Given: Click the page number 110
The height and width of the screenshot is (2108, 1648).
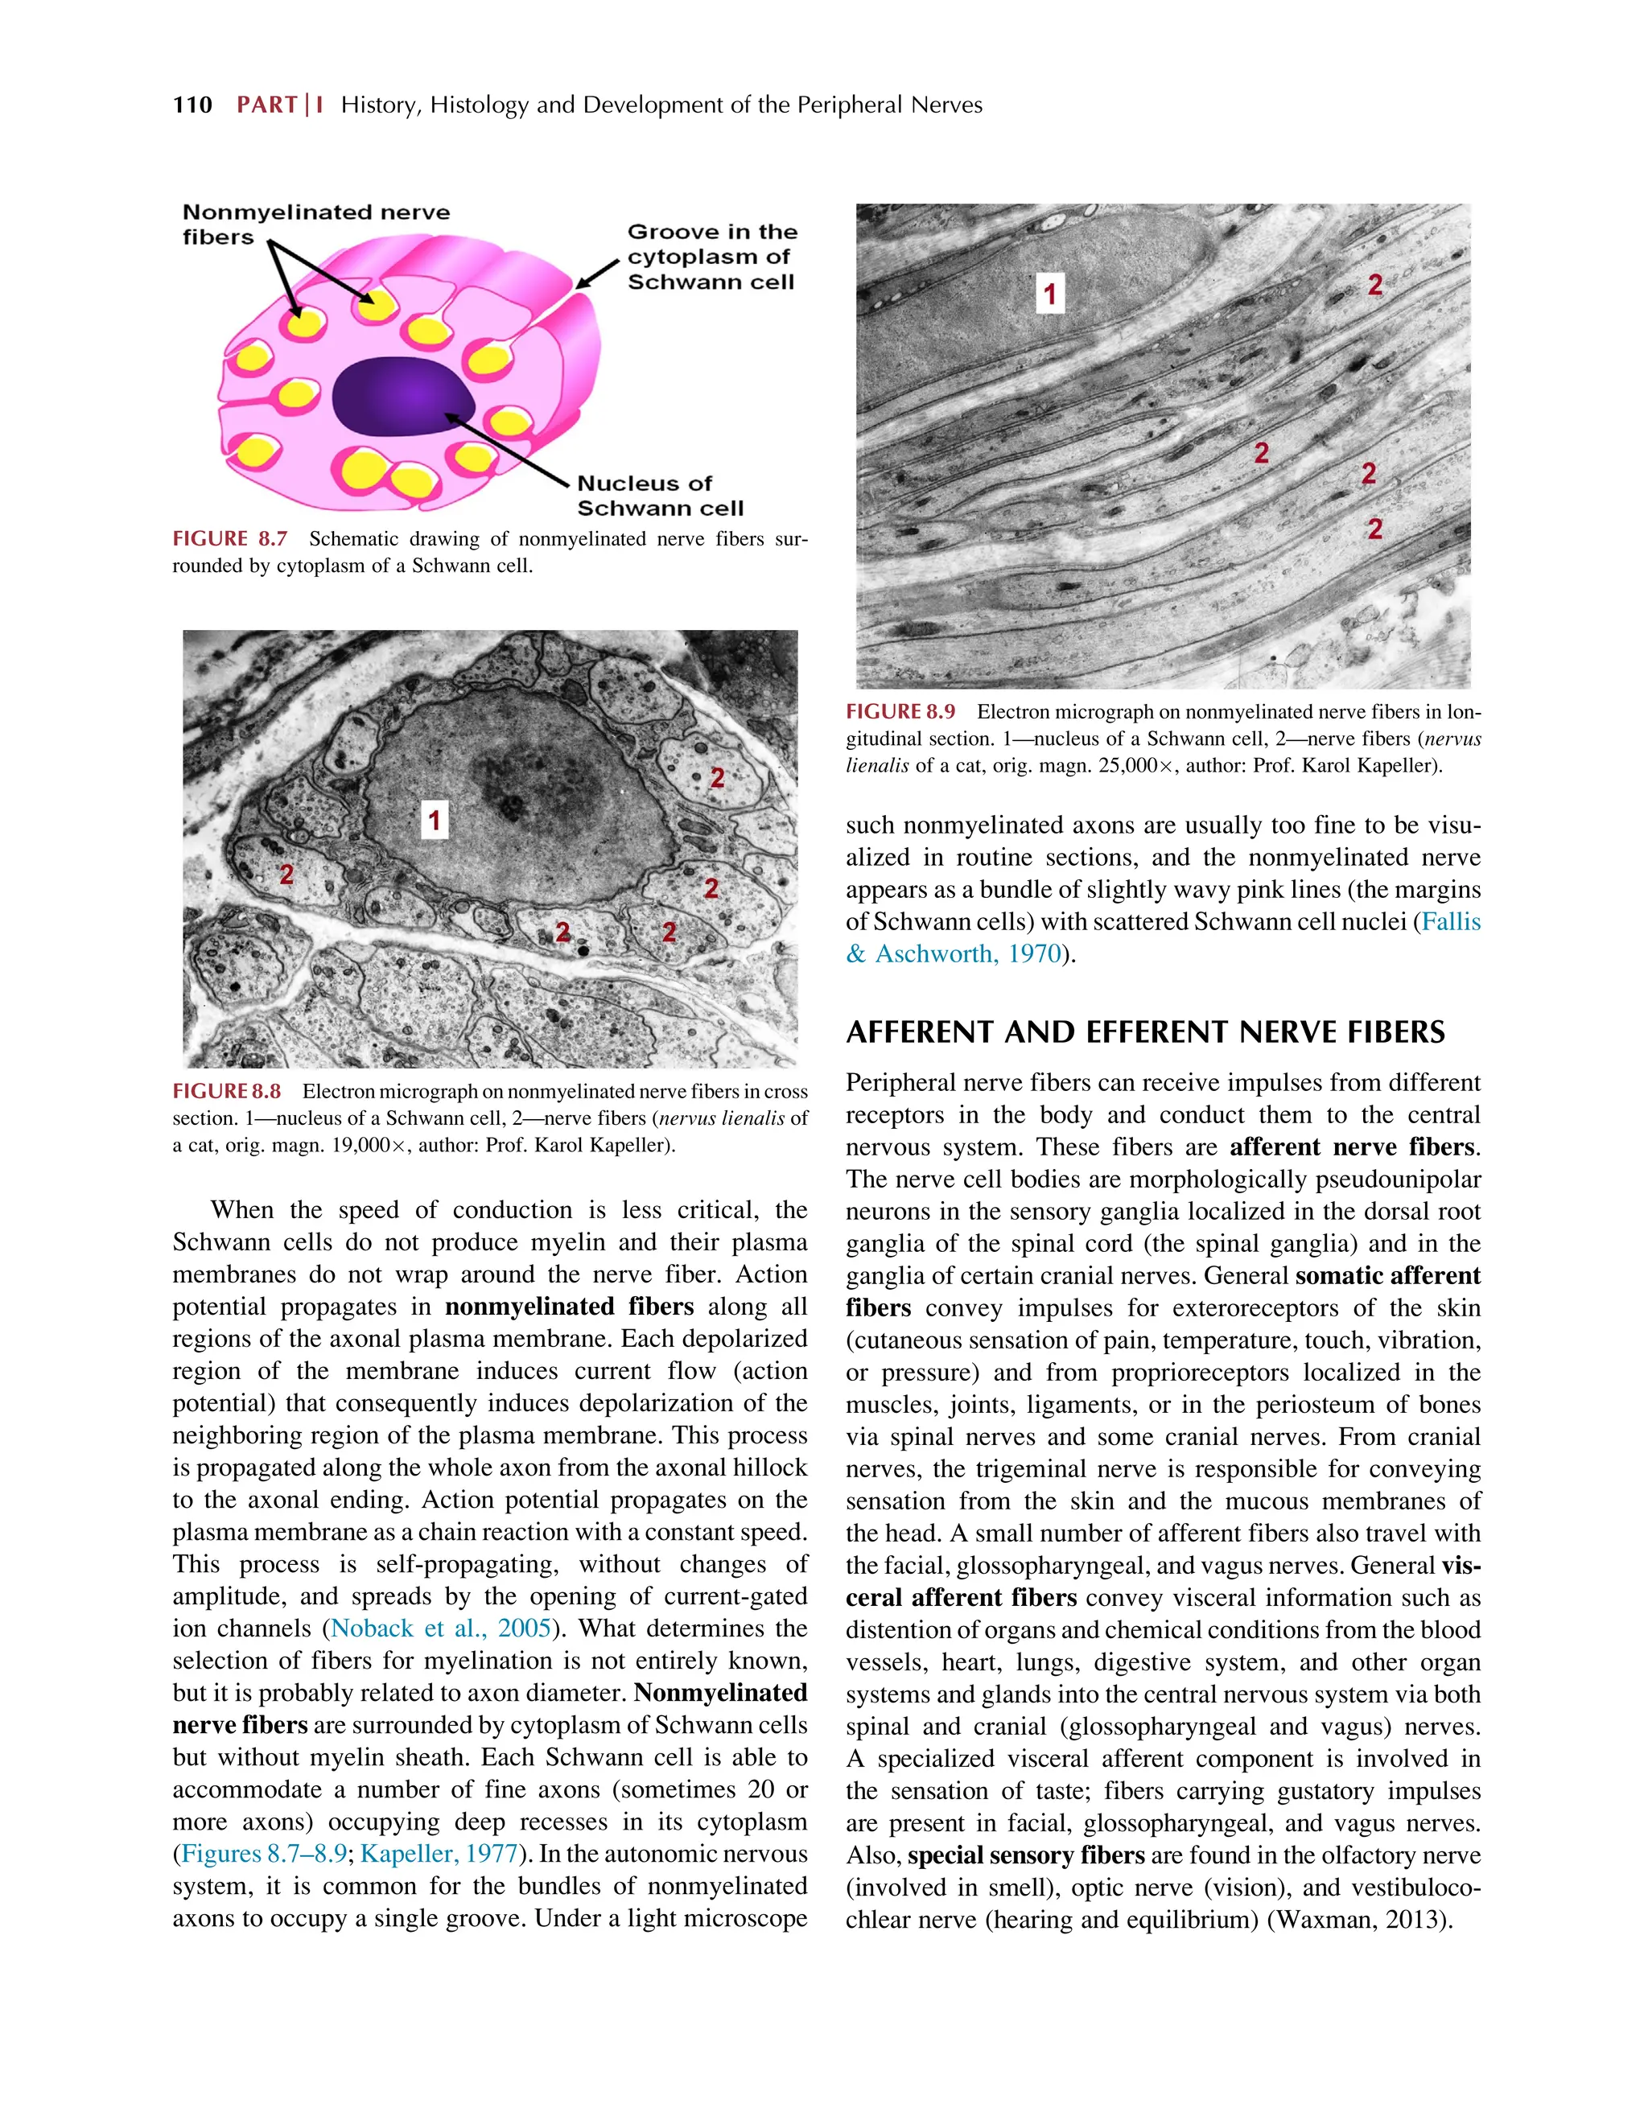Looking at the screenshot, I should tap(192, 105).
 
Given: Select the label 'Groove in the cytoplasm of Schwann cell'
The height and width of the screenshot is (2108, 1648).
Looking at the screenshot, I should tap(711, 257).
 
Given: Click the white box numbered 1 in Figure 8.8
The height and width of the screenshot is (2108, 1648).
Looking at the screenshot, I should tap(435, 821).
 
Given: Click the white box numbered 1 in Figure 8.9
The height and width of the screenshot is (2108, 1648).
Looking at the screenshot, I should tap(1049, 294).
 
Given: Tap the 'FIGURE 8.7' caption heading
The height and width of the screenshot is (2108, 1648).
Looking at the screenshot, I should tap(230, 538).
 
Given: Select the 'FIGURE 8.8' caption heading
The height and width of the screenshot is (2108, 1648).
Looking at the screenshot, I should tap(227, 1091).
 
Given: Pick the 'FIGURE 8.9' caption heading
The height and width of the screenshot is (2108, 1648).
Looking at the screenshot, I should tap(900, 711).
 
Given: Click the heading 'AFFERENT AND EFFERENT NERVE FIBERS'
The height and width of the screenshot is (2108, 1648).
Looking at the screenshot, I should tap(1145, 1033).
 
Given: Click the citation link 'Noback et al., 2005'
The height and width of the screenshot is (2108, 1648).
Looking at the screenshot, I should tap(441, 1628).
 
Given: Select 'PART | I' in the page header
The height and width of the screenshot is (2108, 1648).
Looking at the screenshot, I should tap(280, 105).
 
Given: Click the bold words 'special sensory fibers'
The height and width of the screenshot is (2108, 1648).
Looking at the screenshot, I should tap(1025, 1855).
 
